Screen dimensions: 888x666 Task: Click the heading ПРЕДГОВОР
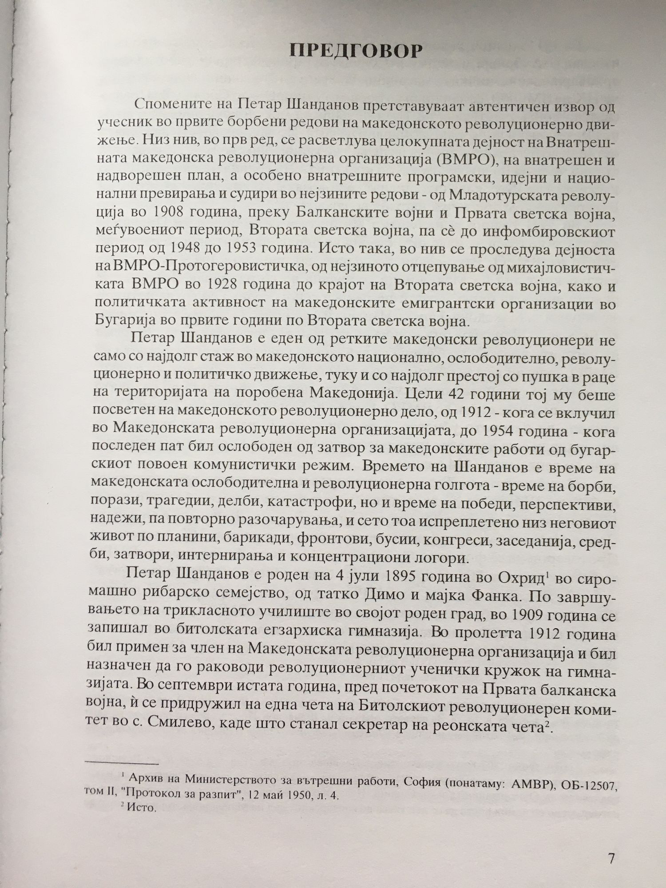point(355,52)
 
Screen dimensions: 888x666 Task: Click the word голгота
point(469,490)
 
